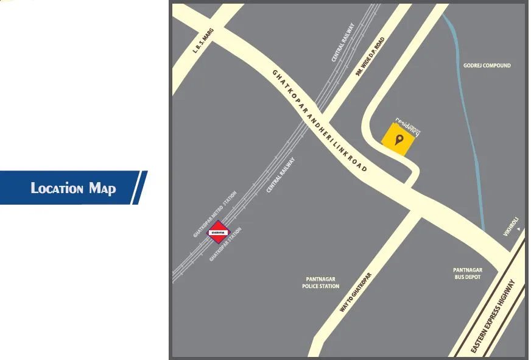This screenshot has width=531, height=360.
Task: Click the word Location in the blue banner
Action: coord(57,188)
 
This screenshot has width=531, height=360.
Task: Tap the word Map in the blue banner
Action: coord(102,188)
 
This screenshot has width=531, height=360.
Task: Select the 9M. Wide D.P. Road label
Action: coord(370,56)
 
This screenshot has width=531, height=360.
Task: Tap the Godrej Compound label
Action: coord(487,65)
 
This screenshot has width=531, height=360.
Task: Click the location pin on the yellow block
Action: coord(399,141)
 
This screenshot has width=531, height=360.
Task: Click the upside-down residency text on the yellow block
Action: coord(408,125)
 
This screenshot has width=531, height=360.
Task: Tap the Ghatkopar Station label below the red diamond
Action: coord(226,244)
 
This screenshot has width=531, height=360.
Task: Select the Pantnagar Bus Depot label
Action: coord(467,273)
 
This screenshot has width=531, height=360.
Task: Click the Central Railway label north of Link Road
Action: coord(343,43)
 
